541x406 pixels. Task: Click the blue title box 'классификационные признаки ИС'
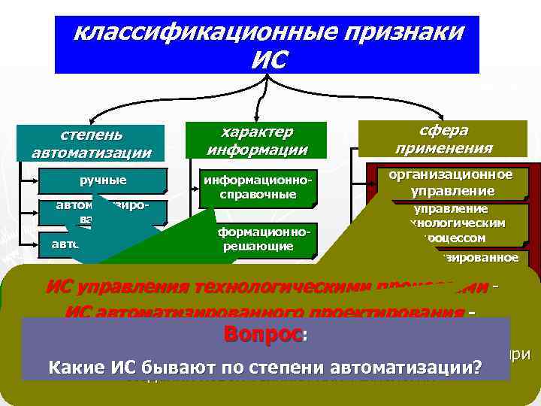click(267, 45)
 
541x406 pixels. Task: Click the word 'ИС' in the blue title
click(269, 59)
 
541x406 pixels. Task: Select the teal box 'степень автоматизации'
click(92, 144)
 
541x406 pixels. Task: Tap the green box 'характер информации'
click(257, 141)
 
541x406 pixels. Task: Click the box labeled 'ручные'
click(104, 180)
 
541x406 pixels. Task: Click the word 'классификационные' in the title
click(189, 33)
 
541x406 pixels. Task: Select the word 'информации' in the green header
click(258, 149)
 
